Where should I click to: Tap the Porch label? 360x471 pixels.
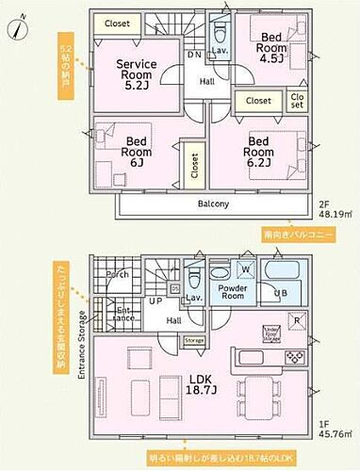pyautogui.click(x=119, y=276)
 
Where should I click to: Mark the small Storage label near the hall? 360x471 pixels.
pyautogui.click(x=193, y=340)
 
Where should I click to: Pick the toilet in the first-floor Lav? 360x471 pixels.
pyautogui.click(x=193, y=279)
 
